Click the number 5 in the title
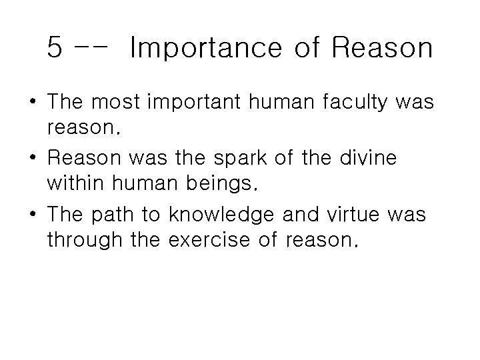coord(56,48)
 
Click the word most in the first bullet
coord(118,103)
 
